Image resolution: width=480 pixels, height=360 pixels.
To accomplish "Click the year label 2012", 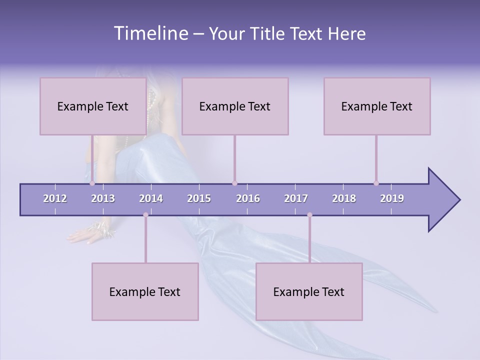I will coord(55,198).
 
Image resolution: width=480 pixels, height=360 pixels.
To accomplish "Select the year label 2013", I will coord(103,198).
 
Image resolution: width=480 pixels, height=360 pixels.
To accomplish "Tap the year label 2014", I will coord(151,198).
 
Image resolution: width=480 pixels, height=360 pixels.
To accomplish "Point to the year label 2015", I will coord(199,198).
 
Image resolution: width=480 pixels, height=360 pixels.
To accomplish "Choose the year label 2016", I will coord(248,198).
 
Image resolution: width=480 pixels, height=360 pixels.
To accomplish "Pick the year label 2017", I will coord(296,198).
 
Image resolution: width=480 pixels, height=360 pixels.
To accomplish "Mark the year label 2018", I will coord(344,198).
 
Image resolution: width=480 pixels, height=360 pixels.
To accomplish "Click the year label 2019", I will coord(392,198).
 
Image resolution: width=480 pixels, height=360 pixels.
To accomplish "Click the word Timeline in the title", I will coord(150,33).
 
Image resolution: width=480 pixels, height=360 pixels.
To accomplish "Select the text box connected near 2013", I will coord(93,106).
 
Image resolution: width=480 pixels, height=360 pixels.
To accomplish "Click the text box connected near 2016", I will coord(235,106).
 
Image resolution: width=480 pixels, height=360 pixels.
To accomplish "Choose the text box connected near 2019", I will coord(377,106).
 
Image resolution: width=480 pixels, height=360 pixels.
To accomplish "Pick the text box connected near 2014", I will coord(145,291).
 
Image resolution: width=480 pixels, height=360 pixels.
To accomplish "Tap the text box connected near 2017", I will coord(309,291).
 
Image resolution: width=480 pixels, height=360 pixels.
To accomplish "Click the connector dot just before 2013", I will coord(92,183).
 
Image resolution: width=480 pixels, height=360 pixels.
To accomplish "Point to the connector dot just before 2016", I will coord(234,183).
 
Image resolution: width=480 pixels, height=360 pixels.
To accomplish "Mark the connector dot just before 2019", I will coord(376,183).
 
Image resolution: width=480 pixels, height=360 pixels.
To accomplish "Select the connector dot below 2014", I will coord(145,215).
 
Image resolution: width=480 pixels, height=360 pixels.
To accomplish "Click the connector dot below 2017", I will coord(309,215).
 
